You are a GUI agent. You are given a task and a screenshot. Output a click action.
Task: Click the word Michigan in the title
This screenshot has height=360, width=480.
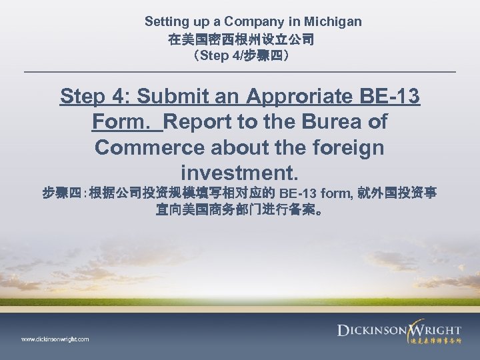click(331, 22)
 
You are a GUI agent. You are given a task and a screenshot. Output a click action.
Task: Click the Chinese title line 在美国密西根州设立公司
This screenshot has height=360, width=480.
click(241, 39)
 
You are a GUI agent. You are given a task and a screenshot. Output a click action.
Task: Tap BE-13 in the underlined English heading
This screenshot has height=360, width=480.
click(389, 97)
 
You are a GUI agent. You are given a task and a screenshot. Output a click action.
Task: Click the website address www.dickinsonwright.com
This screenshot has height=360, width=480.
click(55, 339)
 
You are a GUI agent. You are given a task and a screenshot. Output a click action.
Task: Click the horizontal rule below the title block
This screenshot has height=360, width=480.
click(240, 71)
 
